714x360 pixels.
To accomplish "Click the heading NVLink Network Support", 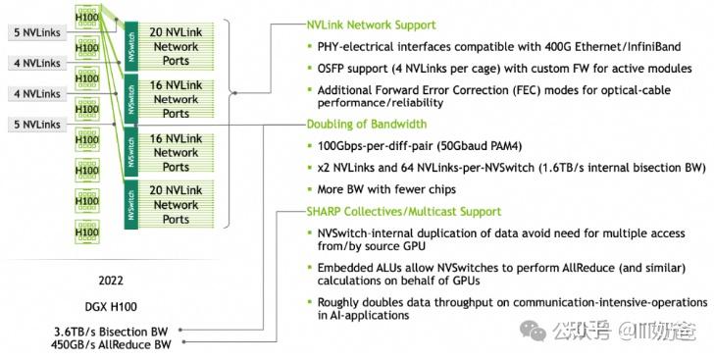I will (x=371, y=24).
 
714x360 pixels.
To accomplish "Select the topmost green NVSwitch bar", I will (x=130, y=40).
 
